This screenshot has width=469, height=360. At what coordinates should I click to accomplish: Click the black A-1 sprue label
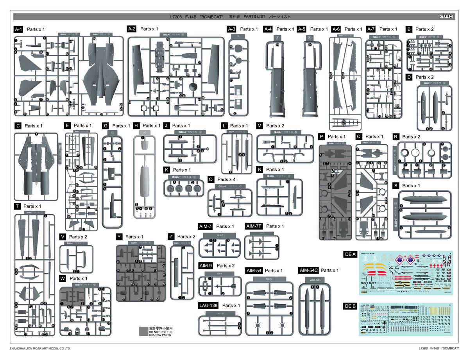tap(19, 29)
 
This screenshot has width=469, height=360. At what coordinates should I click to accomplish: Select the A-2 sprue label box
tap(132, 29)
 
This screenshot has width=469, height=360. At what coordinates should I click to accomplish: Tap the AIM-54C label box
tap(308, 270)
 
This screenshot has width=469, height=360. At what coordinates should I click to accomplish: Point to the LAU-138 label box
tap(208, 305)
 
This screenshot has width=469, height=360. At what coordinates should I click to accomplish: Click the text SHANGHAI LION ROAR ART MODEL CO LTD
tap(40, 348)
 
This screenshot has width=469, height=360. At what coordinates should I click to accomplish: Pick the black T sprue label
tap(17, 206)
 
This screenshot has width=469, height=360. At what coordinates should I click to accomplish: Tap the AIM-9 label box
tap(206, 266)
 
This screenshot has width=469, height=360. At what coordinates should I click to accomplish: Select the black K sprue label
tap(167, 170)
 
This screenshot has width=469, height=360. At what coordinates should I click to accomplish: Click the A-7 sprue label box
tap(371, 29)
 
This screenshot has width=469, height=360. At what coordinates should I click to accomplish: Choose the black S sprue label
tap(396, 186)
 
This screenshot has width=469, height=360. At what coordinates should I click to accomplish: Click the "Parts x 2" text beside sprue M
tap(276, 125)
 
